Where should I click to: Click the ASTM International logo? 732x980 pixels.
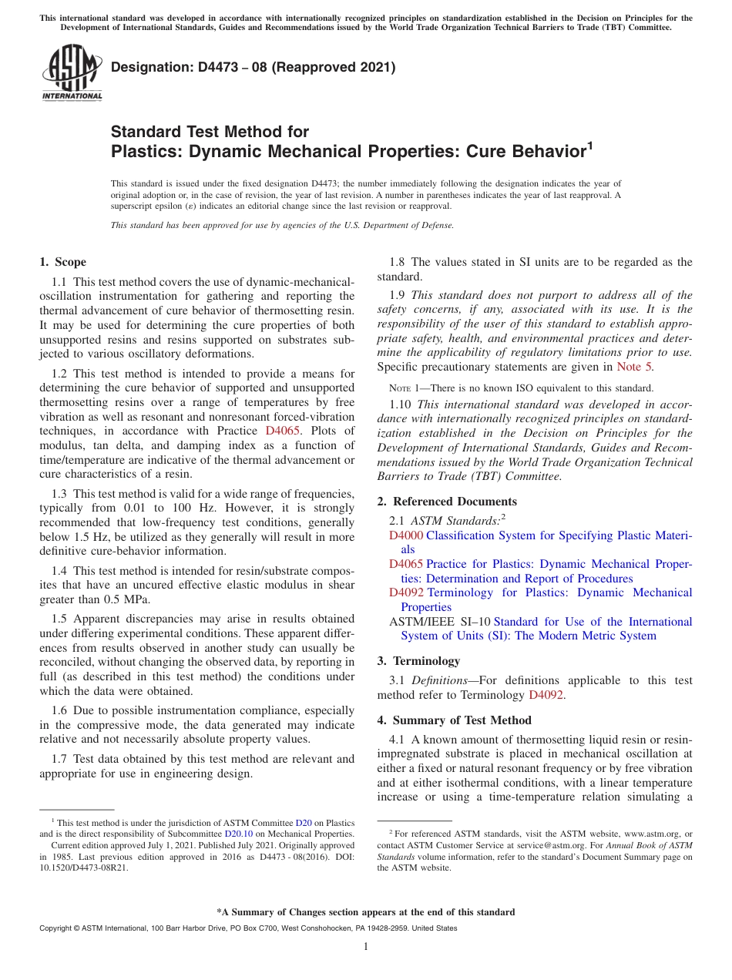coord(72,72)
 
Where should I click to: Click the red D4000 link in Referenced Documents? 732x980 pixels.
coord(406,535)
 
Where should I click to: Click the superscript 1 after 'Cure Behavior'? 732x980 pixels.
coord(590,144)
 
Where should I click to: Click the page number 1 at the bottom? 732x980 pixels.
coord(366,947)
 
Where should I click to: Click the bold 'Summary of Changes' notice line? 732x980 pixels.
coord(366,912)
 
